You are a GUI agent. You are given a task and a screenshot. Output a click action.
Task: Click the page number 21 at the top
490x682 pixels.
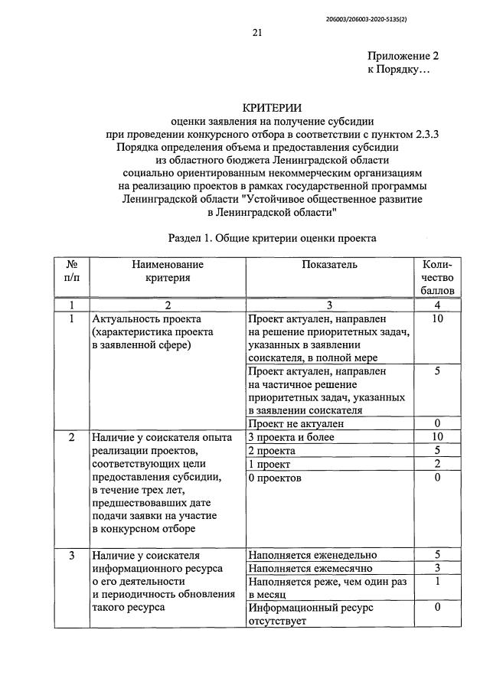point(256,32)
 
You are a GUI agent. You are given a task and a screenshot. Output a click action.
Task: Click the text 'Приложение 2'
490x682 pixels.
point(403,56)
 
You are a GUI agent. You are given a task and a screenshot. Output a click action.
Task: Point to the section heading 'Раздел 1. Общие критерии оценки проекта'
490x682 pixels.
point(272,238)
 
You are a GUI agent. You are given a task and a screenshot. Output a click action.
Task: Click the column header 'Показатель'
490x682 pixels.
point(329,265)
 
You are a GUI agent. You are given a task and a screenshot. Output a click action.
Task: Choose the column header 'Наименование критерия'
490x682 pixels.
point(167,271)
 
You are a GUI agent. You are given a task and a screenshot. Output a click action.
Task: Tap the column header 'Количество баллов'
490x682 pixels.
point(437,277)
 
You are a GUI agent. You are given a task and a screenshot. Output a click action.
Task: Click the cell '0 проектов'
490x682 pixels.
point(275,478)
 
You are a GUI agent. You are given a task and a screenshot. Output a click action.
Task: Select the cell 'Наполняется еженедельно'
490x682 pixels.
point(312,555)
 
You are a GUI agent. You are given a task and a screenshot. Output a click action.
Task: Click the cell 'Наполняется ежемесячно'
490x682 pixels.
point(310,569)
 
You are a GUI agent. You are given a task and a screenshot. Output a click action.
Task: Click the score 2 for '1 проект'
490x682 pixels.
point(437,465)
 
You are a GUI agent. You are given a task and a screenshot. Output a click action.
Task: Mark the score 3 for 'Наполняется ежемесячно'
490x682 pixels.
point(437,569)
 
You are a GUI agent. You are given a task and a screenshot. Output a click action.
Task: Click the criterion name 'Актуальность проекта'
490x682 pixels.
point(145,318)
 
